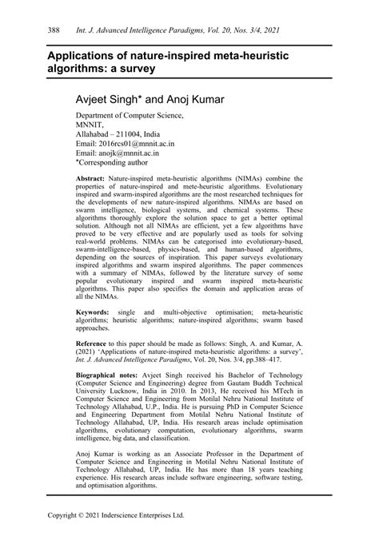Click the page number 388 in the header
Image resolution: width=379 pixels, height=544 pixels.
35,29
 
